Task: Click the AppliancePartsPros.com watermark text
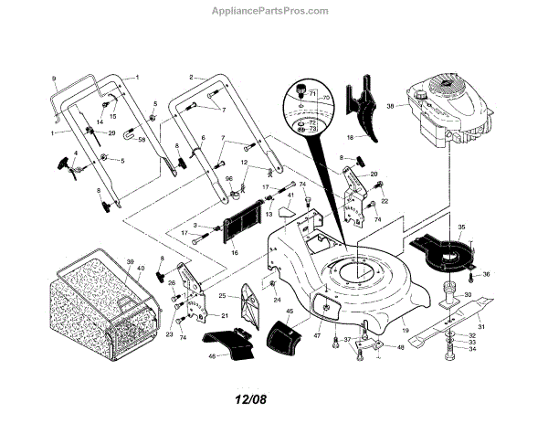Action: click(275, 11)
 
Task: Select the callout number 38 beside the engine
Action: click(390, 107)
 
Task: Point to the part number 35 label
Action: click(461, 227)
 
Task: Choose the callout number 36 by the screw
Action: click(486, 274)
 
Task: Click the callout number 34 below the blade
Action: click(471, 355)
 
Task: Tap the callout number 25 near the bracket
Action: click(223, 297)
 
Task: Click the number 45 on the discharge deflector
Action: click(290, 312)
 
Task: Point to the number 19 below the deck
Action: click(405, 328)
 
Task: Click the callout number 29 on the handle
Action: click(112, 133)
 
